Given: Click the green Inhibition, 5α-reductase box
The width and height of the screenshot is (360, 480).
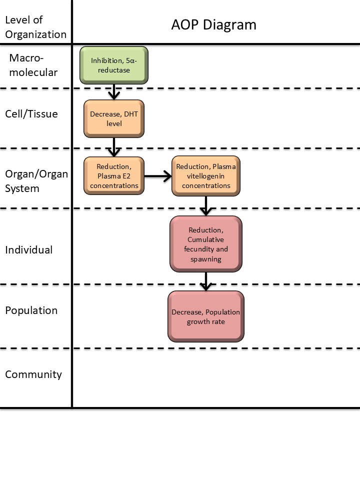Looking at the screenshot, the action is pos(114,65).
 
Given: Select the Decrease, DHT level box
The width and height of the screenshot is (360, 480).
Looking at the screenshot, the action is pos(114,119).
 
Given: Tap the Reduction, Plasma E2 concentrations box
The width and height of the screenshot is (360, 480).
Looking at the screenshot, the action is pos(114,176).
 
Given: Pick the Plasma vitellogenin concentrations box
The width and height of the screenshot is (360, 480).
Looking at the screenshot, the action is pos(206,176).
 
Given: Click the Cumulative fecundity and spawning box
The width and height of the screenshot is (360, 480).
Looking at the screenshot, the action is pos(206,244).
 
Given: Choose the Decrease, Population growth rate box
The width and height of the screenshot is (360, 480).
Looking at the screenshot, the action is pos(206,316).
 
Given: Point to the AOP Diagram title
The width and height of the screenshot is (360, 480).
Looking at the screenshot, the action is pos(213,25).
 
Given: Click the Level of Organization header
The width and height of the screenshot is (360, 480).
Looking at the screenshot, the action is pos(35,27).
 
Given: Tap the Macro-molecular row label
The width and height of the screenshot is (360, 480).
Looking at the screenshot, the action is pos(33,65).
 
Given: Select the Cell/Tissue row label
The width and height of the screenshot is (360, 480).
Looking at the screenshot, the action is pos(31,114).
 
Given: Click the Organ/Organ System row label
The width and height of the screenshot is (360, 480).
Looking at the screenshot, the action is pos(36,181).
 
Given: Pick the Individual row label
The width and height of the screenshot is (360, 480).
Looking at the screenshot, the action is pos(29,250).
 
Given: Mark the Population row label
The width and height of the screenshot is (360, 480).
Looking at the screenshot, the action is pos(31,310).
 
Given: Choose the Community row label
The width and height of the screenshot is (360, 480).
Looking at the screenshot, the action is pos(33,374).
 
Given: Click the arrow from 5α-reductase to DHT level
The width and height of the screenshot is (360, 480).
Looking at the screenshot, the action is pos(114,92).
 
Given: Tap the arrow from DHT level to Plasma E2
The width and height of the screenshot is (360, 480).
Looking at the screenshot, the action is pos(114,147).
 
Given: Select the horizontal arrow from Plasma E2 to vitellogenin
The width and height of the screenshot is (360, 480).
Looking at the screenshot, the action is pos(158,176).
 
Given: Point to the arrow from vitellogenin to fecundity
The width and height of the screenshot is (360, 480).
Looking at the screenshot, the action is pos(206,206).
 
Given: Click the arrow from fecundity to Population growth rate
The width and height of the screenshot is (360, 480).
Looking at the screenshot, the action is pos(206,281).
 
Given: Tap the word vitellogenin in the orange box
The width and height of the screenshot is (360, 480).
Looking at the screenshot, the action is pos(205,176).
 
